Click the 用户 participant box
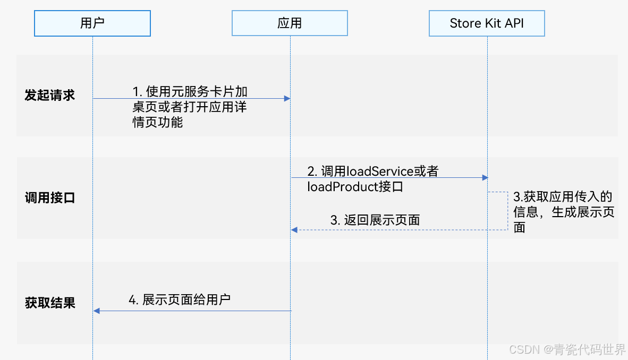(92, 23)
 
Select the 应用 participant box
(290, 23)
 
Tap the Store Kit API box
(487, 23)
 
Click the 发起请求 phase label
(49, 96)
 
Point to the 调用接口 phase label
(49, 198)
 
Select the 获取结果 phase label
(49, 303)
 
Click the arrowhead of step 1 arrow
(287, 98)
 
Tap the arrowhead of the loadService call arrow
(485, 177)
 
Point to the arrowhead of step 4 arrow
(96, 311)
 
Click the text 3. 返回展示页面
(375, 220)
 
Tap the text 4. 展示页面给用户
(180, 299)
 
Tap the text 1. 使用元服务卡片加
(190, 91)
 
